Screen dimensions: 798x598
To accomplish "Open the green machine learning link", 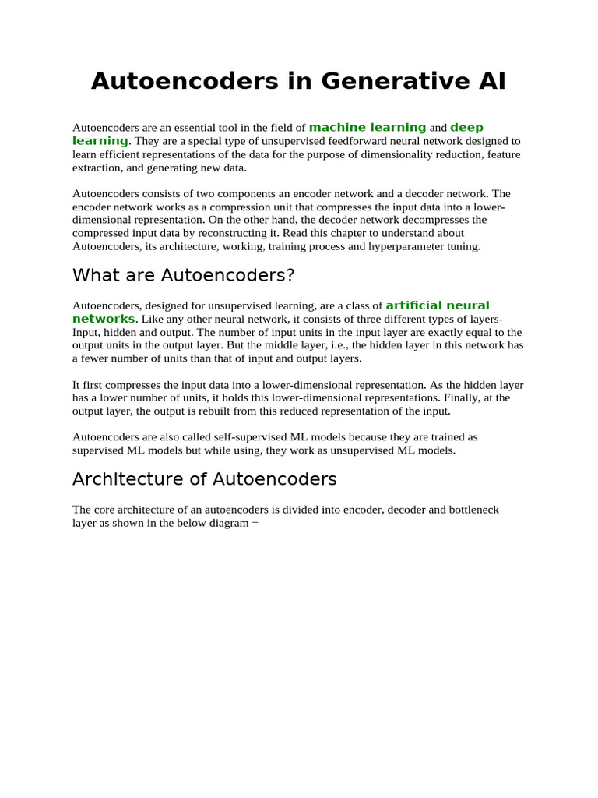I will coord(368,127).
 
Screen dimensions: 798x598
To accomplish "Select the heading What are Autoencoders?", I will coord(183,275).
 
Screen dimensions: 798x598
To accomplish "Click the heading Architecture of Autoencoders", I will coord(204,478).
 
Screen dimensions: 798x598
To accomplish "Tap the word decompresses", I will coord(411,220).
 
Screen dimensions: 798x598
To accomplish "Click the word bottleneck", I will coord(472,510).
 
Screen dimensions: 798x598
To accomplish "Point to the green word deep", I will coord(466,127).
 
